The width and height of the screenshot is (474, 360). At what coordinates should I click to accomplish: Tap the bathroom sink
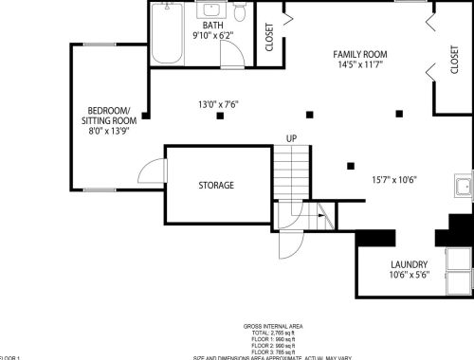click(211, 11)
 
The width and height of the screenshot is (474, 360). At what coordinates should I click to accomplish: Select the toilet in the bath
click(241, 12)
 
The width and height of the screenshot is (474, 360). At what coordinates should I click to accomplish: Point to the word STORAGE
click(215, 185)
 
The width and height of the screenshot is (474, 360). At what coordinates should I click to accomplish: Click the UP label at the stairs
click(293, 139)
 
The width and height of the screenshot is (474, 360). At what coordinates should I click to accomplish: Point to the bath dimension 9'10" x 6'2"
click(213, 36)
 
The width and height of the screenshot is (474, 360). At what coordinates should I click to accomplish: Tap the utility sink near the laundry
click(464, 185)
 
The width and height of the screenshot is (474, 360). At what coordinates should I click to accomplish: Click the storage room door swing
click(153, 172)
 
